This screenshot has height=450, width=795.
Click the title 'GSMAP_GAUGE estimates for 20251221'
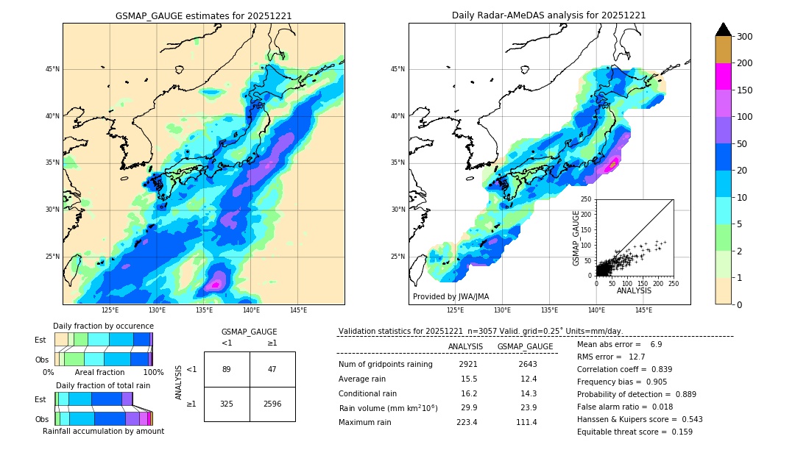tap(203, 15)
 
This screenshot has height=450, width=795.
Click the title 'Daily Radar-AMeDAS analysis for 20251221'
tap(548, 15)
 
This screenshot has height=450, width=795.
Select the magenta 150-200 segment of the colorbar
tap(723, 76)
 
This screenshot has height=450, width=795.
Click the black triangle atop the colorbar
tap(723, 29)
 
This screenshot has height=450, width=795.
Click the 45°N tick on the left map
tap(52, 69)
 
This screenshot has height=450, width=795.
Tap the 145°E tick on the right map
tap(643, 310)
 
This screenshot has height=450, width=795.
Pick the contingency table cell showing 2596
tap(272, 404)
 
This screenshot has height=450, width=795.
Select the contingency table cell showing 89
tap(227, 369)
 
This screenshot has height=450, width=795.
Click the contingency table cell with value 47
tap(272, 369)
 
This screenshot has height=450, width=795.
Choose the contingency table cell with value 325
tap(227, 404)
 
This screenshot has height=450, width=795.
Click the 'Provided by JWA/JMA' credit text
tap(451, 296)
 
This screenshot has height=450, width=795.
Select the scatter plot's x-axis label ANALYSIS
tap(634, 290)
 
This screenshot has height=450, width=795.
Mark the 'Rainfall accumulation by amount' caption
tap(103, 431)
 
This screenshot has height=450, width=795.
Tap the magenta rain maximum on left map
tap(216, 284)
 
